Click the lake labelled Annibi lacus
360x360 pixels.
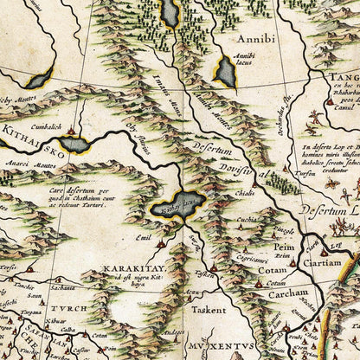227,72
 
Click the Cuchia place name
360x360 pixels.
247,222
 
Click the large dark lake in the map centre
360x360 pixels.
177,205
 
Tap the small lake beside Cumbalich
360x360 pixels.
75,145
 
